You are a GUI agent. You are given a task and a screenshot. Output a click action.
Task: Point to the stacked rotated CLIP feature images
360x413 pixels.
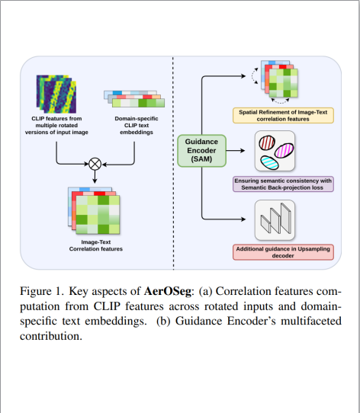56,93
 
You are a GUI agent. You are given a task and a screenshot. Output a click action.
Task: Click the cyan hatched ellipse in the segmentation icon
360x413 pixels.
272,161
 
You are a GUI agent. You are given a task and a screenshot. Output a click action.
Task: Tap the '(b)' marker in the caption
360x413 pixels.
164,321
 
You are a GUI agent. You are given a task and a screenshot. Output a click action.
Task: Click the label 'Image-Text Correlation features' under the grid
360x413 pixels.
93,246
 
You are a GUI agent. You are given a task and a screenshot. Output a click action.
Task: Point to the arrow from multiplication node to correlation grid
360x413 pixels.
95,176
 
